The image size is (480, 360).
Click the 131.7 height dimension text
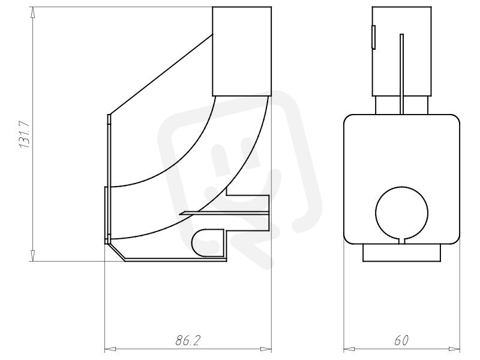pyautogui.click(x=24, y=134)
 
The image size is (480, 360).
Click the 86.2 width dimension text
pyautogui.click(x=188, y=340)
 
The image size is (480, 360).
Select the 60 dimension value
pyautogui.click(x=401, y=340)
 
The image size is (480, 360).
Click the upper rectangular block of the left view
pyautogui.click(x=242, y=51)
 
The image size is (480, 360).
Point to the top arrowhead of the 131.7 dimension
pyautogui.click(x=33, y=13)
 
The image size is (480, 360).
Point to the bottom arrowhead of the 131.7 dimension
pyautogui.click(x=33, y=256)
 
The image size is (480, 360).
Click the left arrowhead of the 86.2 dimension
pyautogui.click(x=110, y=349)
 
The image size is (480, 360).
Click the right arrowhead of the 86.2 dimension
pyautogui.click(x=265, y=349)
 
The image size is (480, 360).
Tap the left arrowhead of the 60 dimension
pyautogui.click(x=349, y=349)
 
